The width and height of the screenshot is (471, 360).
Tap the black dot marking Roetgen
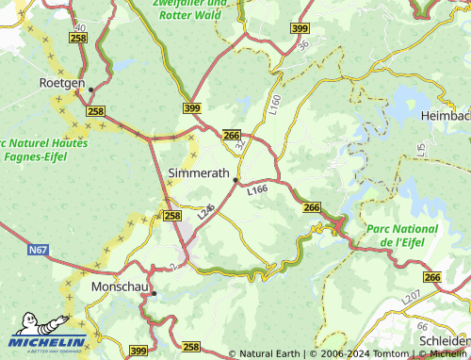point(91,90)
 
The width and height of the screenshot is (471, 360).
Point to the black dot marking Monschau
point(154,294)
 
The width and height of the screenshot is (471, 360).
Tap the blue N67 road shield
point(38,250)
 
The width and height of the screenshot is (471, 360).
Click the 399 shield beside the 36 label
point(300,30)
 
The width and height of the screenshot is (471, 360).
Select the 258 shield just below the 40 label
point(78,36)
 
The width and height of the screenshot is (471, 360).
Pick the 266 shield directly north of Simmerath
point(232,136)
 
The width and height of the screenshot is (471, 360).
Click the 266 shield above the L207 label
point(431,277)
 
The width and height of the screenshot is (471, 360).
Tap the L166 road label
point(258,190)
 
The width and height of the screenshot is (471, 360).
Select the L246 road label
point(207,213)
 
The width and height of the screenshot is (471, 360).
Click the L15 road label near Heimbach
point(422,150)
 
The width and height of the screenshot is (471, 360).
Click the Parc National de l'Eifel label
point(402,236)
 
